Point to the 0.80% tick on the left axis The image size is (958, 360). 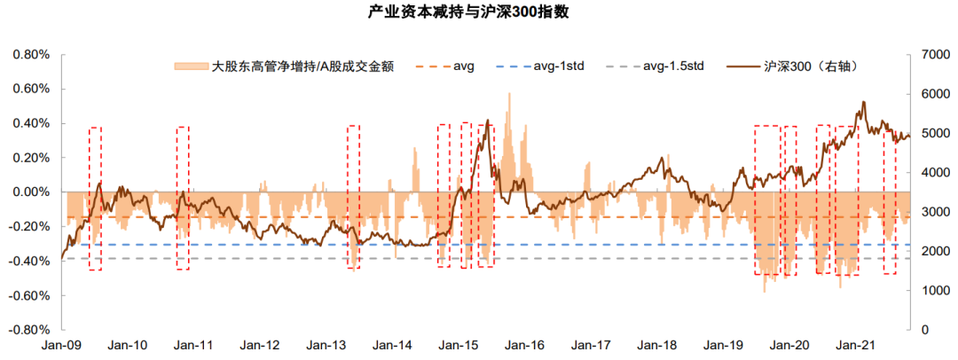point(31,55)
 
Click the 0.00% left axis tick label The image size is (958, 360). point(31,192)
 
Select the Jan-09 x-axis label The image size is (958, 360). point(62,346)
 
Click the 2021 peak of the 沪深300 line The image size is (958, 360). point(863,103)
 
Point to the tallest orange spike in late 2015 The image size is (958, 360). point(509,94)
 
